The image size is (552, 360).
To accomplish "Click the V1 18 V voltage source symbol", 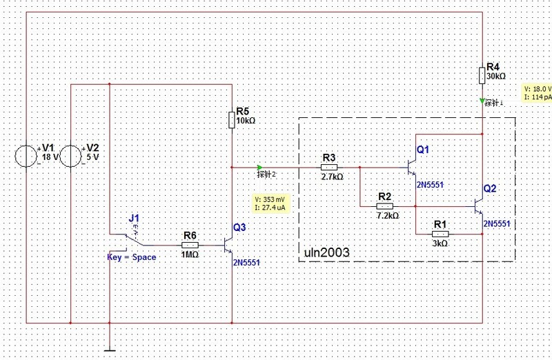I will (26, 156).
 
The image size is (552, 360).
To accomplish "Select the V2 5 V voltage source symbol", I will (72, 156).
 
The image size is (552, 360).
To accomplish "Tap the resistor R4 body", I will (482, 73).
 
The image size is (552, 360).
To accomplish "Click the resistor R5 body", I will (232, 121).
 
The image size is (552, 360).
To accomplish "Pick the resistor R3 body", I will (329, 166).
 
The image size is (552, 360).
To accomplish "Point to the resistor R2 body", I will (385, 206).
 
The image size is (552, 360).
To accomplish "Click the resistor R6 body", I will (190, 244).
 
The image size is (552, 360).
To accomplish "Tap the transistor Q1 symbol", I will (412, 167).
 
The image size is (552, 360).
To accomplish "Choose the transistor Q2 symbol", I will (479, 206).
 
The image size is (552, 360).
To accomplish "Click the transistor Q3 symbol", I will (229, 244).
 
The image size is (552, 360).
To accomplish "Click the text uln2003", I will (327, 253).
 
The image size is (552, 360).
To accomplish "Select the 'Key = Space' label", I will (131, 257).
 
